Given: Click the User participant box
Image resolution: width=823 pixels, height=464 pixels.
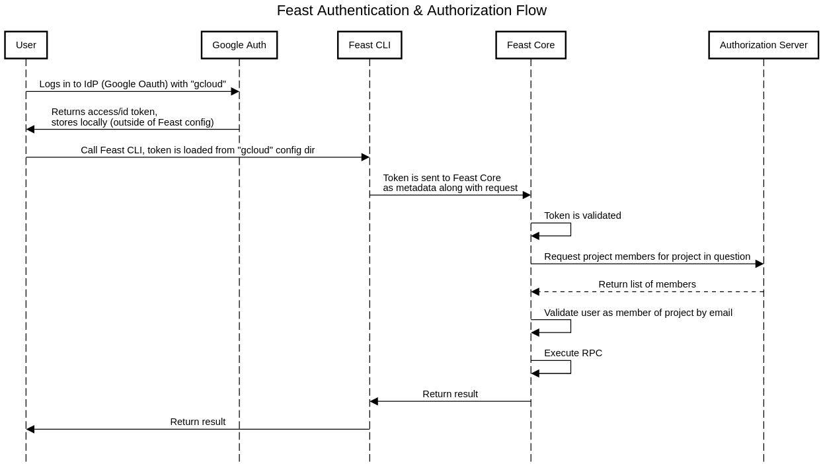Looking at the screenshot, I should [x=26, y=45].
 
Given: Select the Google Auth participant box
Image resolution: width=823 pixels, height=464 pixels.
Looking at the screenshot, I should [x=239, y=45].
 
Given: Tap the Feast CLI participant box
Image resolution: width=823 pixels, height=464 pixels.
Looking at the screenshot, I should [x=370, y=45].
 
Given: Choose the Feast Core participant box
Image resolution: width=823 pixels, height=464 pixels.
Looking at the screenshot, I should [x=530, y=45].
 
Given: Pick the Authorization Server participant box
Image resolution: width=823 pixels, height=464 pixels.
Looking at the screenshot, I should [x=763, y=45].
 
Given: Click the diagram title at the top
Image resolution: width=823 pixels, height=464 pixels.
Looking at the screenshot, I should [x=411, y=11].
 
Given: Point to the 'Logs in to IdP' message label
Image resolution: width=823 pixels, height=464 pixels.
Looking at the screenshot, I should [x=132, y=84].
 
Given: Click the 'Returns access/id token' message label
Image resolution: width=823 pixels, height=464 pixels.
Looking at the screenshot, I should [x=132, y=117].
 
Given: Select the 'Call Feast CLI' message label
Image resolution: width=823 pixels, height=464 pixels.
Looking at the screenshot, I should [x=198, y=150].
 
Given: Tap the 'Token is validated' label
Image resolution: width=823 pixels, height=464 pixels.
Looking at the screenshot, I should [x=582, y=215].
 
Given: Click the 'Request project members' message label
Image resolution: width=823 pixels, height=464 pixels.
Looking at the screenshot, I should [x=647, y=256].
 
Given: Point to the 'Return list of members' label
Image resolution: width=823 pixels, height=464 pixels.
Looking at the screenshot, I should [x=647, y=284].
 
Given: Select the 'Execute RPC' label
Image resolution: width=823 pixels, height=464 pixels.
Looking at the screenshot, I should [x=572, y=353].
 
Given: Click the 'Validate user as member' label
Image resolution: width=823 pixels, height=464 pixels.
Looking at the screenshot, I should [x=638, y=313].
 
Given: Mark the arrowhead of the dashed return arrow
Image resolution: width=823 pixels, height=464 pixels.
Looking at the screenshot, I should [x=535, y=291].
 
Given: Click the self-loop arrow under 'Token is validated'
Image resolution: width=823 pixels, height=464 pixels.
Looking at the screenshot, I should [x=570, y=229].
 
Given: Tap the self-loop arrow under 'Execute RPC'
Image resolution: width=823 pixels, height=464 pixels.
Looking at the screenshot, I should [x=570, y=367].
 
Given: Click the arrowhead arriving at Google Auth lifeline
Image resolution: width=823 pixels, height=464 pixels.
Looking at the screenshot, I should [x=235, y=92].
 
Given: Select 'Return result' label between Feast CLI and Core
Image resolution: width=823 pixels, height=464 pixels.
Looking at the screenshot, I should [x=450, y=394].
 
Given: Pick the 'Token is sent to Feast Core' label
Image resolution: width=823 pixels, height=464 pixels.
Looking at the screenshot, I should [x=450, y=182].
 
